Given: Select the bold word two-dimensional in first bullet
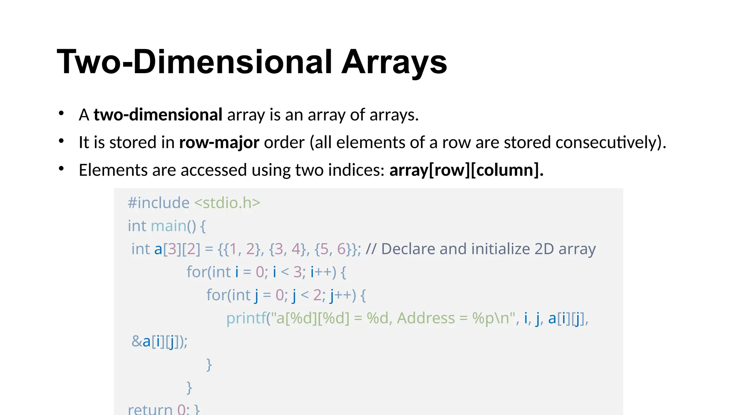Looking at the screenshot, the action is (x=158, y=115).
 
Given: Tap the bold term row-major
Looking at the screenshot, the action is (x=219, y=142).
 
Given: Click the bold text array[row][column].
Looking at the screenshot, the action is (x=466, y=170).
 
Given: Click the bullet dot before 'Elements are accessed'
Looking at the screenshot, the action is (x=62, y=169).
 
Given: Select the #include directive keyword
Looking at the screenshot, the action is (x=158, y=203).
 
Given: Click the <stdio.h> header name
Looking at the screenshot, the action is (x=227, y=203).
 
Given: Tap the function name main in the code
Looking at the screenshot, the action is (x=168, y=226).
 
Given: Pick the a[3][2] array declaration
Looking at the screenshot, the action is (x=177, y=249).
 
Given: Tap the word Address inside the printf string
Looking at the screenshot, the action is (x=426, y=318).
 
